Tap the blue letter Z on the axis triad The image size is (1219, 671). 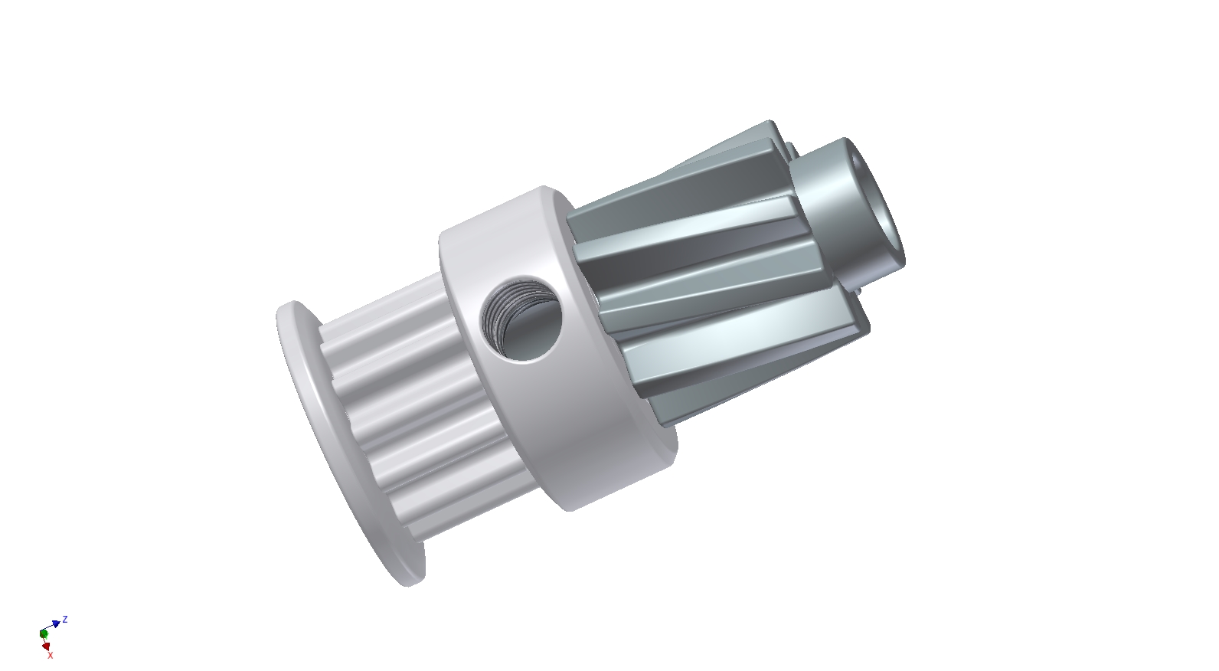tap(66, 619)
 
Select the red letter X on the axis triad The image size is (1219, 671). tap(51, 655)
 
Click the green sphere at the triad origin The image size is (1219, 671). tap(44, 634)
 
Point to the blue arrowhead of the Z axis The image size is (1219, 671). tap(57, 624)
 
